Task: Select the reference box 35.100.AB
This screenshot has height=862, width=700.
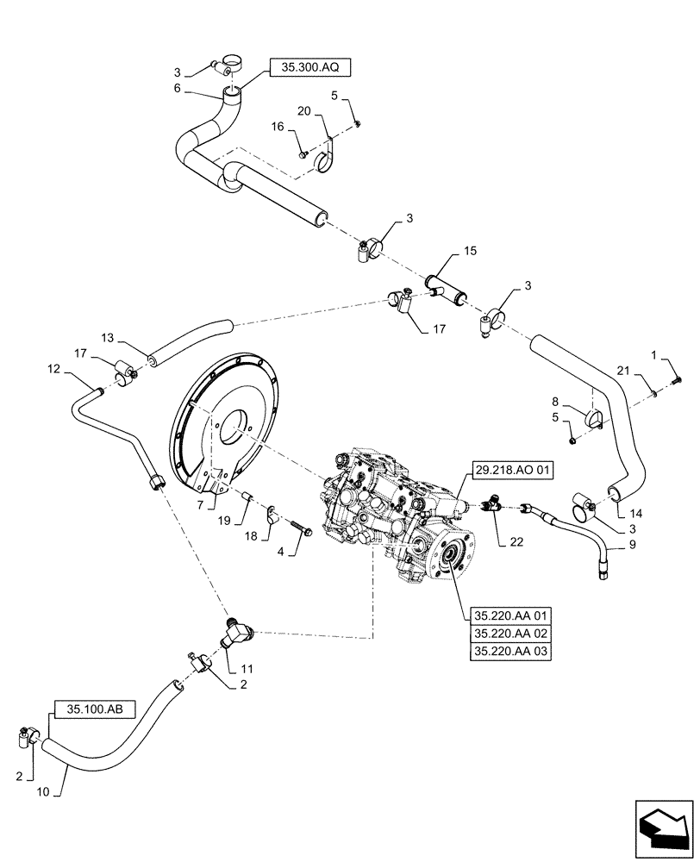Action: pos(95,709)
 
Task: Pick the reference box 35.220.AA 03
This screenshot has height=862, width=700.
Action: pos(511,651)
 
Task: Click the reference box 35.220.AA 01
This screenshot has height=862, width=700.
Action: pos(511,615)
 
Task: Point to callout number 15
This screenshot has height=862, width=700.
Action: pos(469,251)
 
